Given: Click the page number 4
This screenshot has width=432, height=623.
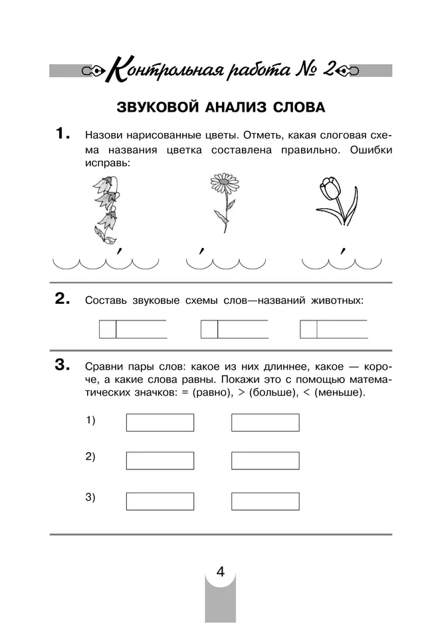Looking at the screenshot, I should point(220,572).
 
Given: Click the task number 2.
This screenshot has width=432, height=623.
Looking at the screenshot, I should point(62,299).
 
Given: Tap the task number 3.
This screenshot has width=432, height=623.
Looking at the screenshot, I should point(62,364).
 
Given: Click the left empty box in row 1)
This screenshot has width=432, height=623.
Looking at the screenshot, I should point(160,422).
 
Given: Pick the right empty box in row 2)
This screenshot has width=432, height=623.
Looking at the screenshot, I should point(265,460).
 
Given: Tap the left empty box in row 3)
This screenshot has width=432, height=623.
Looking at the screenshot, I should point(160,501).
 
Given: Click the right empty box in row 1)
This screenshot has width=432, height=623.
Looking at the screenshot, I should point(265,422).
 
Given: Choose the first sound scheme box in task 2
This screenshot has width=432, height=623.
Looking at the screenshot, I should point(133,329).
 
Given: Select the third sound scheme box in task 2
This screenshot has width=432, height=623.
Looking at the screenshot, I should point(334,329).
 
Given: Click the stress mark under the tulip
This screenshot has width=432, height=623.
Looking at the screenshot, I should point(342,251).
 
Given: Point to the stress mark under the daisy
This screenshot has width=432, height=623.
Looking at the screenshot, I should point(200,251).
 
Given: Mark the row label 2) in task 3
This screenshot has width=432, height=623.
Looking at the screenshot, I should point(90,457).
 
